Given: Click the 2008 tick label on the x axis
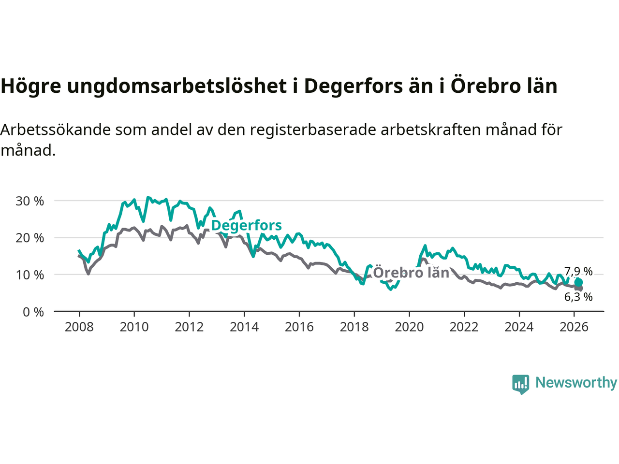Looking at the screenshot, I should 79,327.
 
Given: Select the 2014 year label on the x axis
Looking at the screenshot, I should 244,327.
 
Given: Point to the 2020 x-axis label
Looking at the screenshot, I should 409,327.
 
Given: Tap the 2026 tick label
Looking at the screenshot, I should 574,327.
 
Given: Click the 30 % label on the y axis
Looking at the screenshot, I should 29,201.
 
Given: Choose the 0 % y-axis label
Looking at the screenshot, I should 33,312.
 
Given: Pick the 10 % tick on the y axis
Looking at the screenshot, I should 29,275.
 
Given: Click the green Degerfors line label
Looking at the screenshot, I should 247,225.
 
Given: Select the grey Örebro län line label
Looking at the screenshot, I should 411,273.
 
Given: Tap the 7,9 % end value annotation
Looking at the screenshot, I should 578,272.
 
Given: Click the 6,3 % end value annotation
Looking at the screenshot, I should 578,297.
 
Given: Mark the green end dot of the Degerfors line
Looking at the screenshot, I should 579,282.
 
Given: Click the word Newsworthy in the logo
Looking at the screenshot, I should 576,383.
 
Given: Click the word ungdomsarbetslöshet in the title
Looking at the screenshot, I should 177,86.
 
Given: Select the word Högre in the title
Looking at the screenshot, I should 30,86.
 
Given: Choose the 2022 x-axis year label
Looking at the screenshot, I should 464,327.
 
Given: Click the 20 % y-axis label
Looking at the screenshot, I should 29,238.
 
